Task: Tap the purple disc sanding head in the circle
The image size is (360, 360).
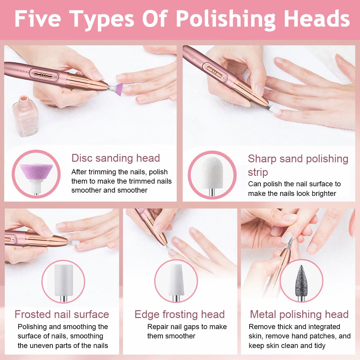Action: [x=36, y=178]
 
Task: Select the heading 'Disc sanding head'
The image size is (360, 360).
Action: [x=115, y=158]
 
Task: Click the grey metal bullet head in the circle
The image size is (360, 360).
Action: [x=301, y=283]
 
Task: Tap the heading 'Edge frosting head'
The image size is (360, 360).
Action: [x=179, y=314]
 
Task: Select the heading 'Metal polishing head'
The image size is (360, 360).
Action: [x=299, y=314]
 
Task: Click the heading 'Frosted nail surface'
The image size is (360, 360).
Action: [x=62, y=314]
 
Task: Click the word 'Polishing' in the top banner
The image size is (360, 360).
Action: [x=226, y=19]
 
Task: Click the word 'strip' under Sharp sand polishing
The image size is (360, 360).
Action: [x=258, y=172]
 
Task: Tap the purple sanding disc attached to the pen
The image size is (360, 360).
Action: [x=119, y=89]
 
